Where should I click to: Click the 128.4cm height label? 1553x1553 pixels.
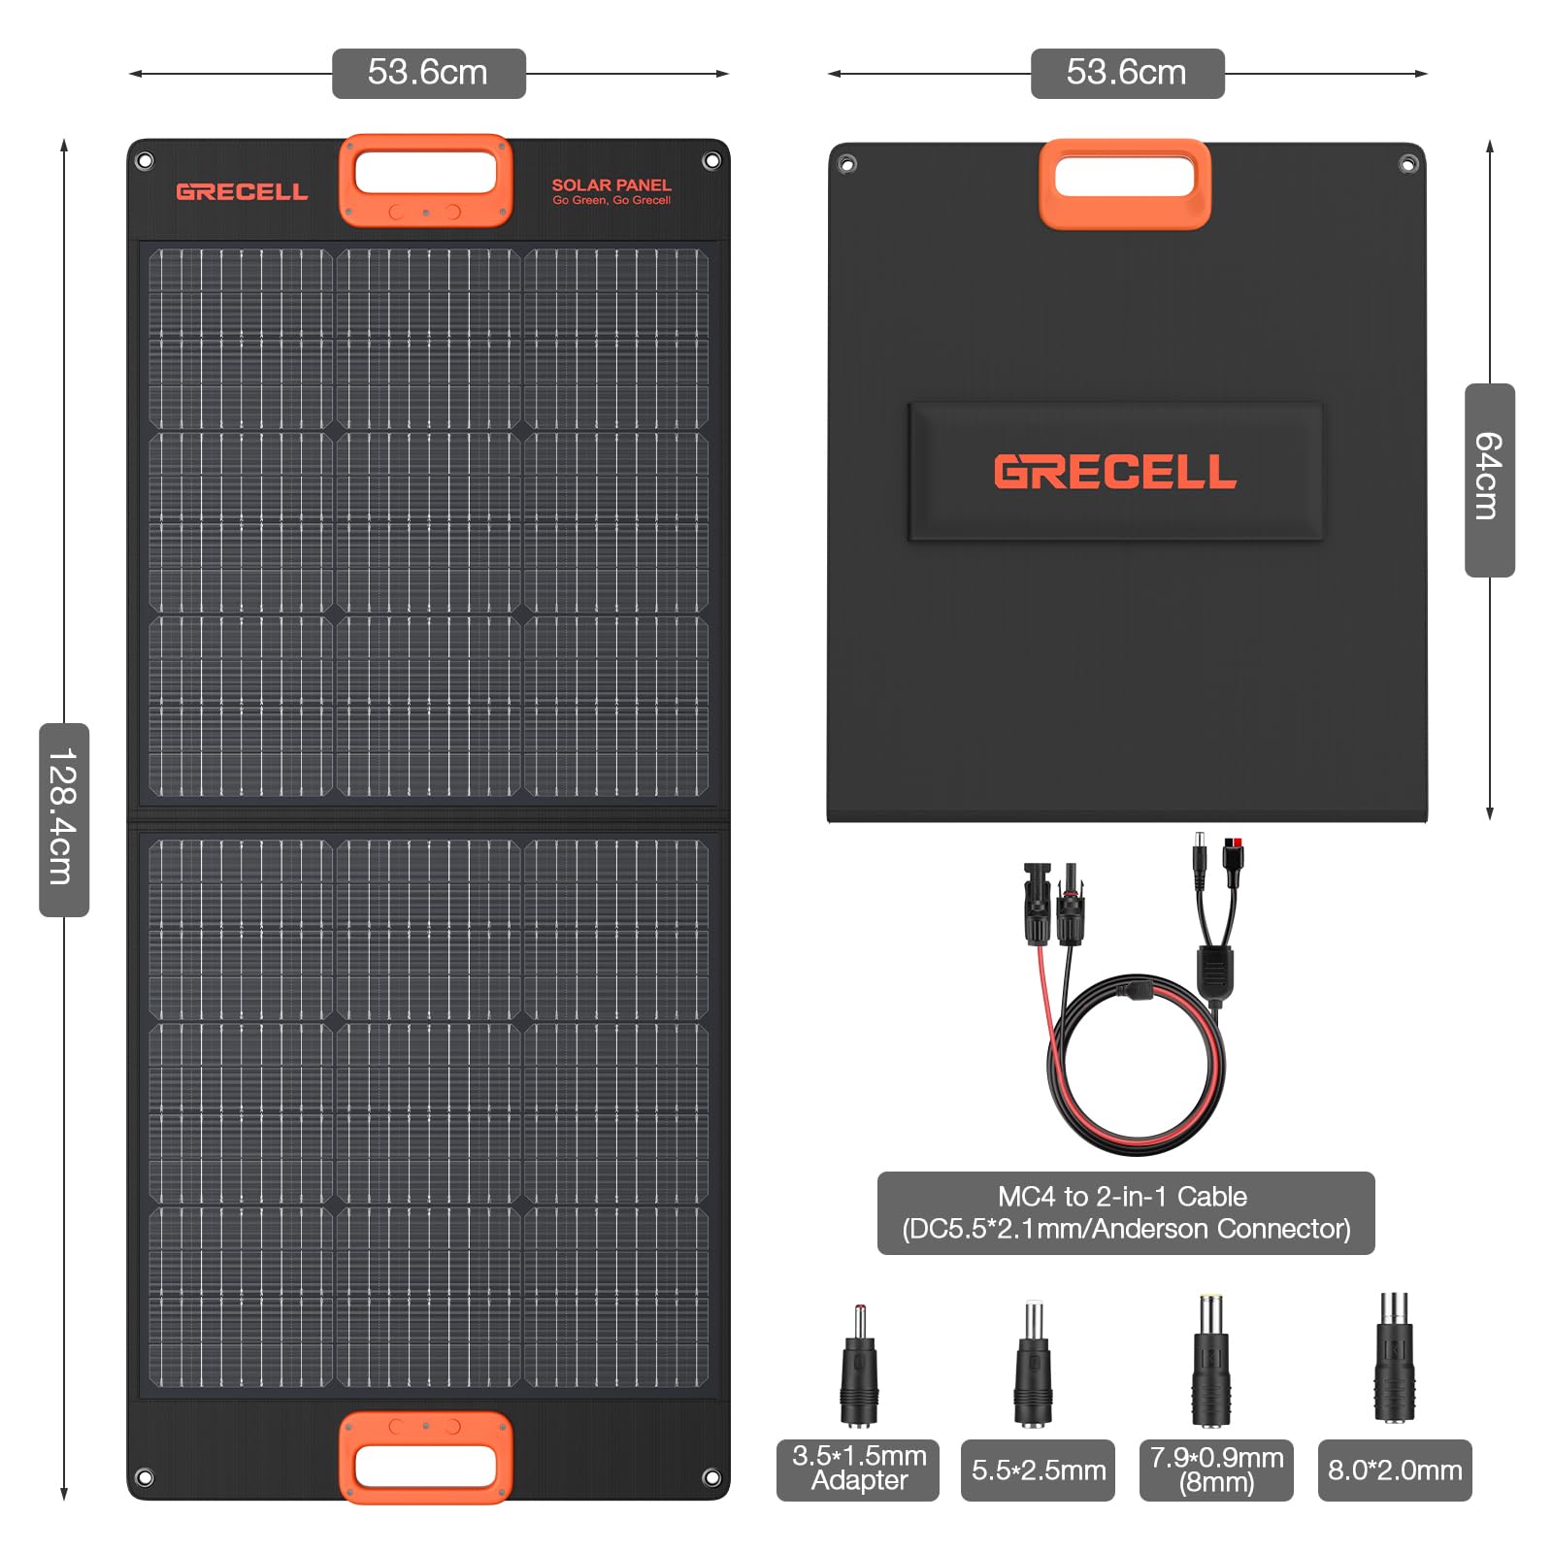64,819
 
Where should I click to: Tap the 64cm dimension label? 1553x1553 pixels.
1489,479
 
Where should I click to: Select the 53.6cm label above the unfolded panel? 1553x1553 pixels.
428,73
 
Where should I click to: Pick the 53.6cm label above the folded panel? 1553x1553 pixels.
1127,73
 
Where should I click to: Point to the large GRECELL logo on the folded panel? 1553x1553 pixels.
1115,472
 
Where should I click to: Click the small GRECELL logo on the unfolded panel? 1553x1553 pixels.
242,191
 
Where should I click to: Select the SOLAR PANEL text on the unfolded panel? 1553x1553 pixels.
611,185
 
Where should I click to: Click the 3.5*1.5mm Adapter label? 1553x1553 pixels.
858,1470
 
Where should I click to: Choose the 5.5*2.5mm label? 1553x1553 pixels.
1038,1470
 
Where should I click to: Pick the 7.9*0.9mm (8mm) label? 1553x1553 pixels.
1216,1470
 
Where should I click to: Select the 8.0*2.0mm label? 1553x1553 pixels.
1395,1470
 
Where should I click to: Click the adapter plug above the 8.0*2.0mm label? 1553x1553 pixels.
1394,1359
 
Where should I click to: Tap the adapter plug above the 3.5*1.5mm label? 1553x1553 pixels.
859,1369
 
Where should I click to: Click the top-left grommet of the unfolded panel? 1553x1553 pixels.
145,161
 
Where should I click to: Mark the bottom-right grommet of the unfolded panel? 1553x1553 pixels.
711,1477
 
